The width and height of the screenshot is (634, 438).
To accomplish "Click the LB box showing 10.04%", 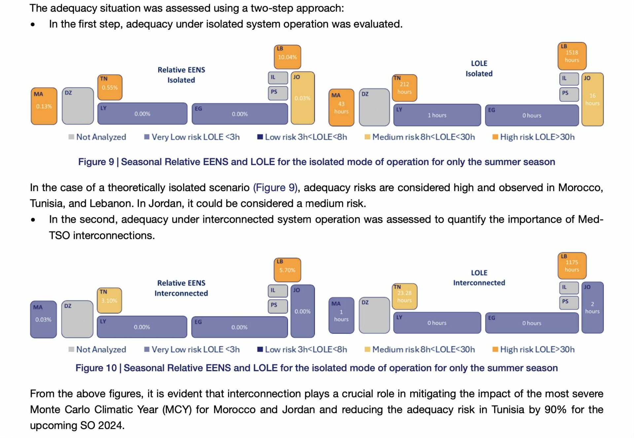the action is pos(287,57).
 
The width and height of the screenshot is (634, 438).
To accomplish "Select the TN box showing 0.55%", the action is pos(110,87).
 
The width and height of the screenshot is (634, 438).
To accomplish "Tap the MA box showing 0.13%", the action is pos(44,106).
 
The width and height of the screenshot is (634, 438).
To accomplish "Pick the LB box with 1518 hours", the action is pos(572,56).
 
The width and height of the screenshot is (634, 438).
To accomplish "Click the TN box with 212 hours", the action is pos(405,88).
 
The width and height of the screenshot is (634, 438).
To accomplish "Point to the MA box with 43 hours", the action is pos(341,108).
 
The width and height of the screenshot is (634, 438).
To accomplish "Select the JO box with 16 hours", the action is pos(592,99).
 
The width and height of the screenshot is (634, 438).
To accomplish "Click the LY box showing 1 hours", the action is pos(437,115).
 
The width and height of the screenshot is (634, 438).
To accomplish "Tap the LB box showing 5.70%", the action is pos(287,270).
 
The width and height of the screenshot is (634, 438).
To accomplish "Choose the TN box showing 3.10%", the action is pos(109,300).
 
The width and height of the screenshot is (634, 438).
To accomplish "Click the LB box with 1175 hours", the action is pos(572,266).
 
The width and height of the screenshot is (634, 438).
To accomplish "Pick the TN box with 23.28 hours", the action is pos(405,296).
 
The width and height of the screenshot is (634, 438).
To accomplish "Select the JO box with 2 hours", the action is pos(592,307).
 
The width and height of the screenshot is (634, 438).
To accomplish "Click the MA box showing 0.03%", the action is pos(43,319).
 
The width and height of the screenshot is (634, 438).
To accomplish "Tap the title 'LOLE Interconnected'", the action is pos(479,278).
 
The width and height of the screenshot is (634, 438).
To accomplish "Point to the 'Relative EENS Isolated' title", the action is pos(181,75).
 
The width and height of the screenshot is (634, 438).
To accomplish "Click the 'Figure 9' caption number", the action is pos(96,162).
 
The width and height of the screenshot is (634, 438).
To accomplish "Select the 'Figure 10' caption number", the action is pos(96,368).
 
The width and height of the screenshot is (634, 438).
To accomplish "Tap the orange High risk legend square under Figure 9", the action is pos(495,137).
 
